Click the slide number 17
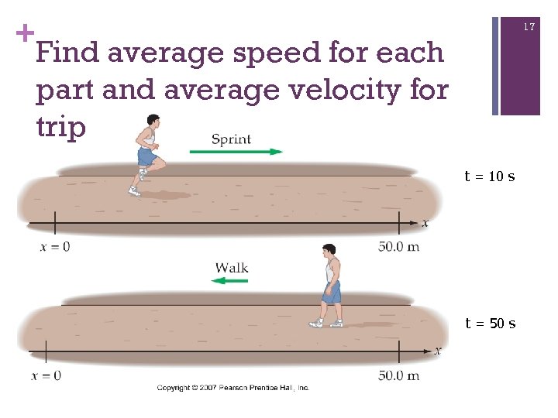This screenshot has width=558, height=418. tap(529, 27)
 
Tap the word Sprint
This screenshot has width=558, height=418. tap(231, 139)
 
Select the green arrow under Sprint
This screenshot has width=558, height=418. tap(236, 152)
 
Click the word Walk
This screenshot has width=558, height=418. tap(231, 268)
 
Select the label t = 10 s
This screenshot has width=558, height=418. tap(489, 176)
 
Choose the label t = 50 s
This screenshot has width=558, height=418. tap(490, 324)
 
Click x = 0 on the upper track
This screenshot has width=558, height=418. tap(54, 247)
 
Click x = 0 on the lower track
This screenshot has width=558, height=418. tap(46, 375)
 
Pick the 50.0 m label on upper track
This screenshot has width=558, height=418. tap(398, 247)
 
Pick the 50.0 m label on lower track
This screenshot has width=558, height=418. tap(398, 375)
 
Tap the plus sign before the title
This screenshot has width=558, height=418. tap(25, 33)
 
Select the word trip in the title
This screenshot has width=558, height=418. tap(60, 126)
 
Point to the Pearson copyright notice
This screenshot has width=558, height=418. tap(232, 387)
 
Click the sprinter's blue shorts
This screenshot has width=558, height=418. tap(147, 157)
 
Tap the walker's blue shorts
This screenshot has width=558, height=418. tap(331, 292)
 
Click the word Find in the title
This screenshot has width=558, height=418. tap(67, 53)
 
